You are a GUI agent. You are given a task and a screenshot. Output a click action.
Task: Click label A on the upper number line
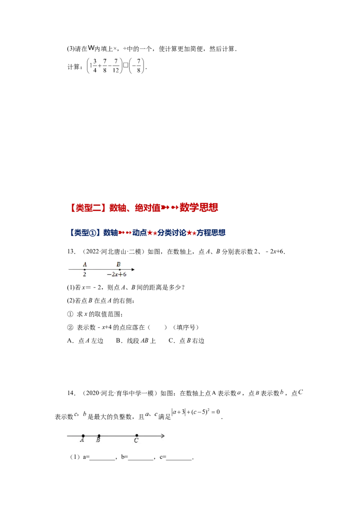click(x=85, y=264)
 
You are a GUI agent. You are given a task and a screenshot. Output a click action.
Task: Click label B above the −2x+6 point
click(x=118, y=264)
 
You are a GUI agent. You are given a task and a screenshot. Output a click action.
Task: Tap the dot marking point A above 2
click(x=85, y=270)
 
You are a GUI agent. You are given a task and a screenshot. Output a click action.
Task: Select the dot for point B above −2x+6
click(x=119, y=270)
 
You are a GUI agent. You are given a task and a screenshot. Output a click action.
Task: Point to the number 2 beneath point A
click(x=85, y=275)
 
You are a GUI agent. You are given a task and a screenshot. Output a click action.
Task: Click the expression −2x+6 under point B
click(x=117, y=275)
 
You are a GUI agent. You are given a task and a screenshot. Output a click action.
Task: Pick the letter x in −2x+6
click(x=116, y=275)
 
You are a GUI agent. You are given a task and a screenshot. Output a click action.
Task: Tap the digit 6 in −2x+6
click(x=124, y=275)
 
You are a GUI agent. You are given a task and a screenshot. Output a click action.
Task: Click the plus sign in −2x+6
click(x=120, y=275)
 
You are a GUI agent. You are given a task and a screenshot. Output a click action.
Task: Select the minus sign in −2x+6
click(x=108, y=275)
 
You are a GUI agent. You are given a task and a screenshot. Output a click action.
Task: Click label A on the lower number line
click(x=82, y=441)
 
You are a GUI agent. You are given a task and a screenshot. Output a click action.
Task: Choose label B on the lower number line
click(x=98, y=441)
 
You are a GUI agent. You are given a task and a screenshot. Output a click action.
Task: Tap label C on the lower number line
click(x=136, y=441)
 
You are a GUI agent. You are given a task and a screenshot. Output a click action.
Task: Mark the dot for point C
click(x=137, y=436)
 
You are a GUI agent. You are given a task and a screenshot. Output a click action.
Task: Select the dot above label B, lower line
click(x=99, y=436)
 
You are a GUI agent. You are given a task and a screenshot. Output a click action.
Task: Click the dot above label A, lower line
click(x=83, y=436)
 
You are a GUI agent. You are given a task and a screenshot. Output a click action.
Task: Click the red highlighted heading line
click(x=144, y=207)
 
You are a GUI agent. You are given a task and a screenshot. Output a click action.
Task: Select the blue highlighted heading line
click(x=147, y=232)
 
